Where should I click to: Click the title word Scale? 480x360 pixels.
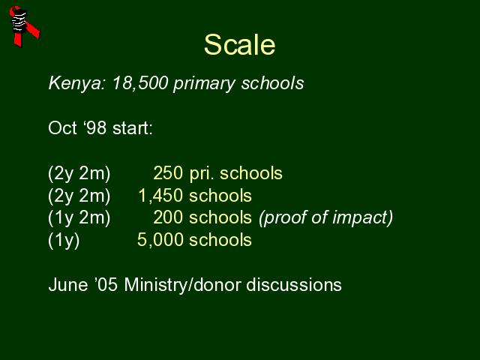240,45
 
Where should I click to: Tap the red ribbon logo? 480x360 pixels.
24,26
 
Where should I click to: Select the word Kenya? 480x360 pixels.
76,83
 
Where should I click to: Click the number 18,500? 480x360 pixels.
140,83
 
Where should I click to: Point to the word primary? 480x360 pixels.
205,84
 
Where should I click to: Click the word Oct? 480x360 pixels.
62,127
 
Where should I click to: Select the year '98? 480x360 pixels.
94,127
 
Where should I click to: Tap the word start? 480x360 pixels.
133,128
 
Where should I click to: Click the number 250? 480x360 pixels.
168,173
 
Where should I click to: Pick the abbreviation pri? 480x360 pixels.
202,174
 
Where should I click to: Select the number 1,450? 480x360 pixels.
160,196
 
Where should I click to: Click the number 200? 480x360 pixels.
168,217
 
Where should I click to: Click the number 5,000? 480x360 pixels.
160,240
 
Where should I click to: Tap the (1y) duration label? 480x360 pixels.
64,240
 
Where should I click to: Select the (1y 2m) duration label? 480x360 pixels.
79,218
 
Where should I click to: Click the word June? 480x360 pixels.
68,285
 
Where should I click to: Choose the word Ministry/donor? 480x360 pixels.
182,285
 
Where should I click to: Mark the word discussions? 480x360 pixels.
294,285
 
